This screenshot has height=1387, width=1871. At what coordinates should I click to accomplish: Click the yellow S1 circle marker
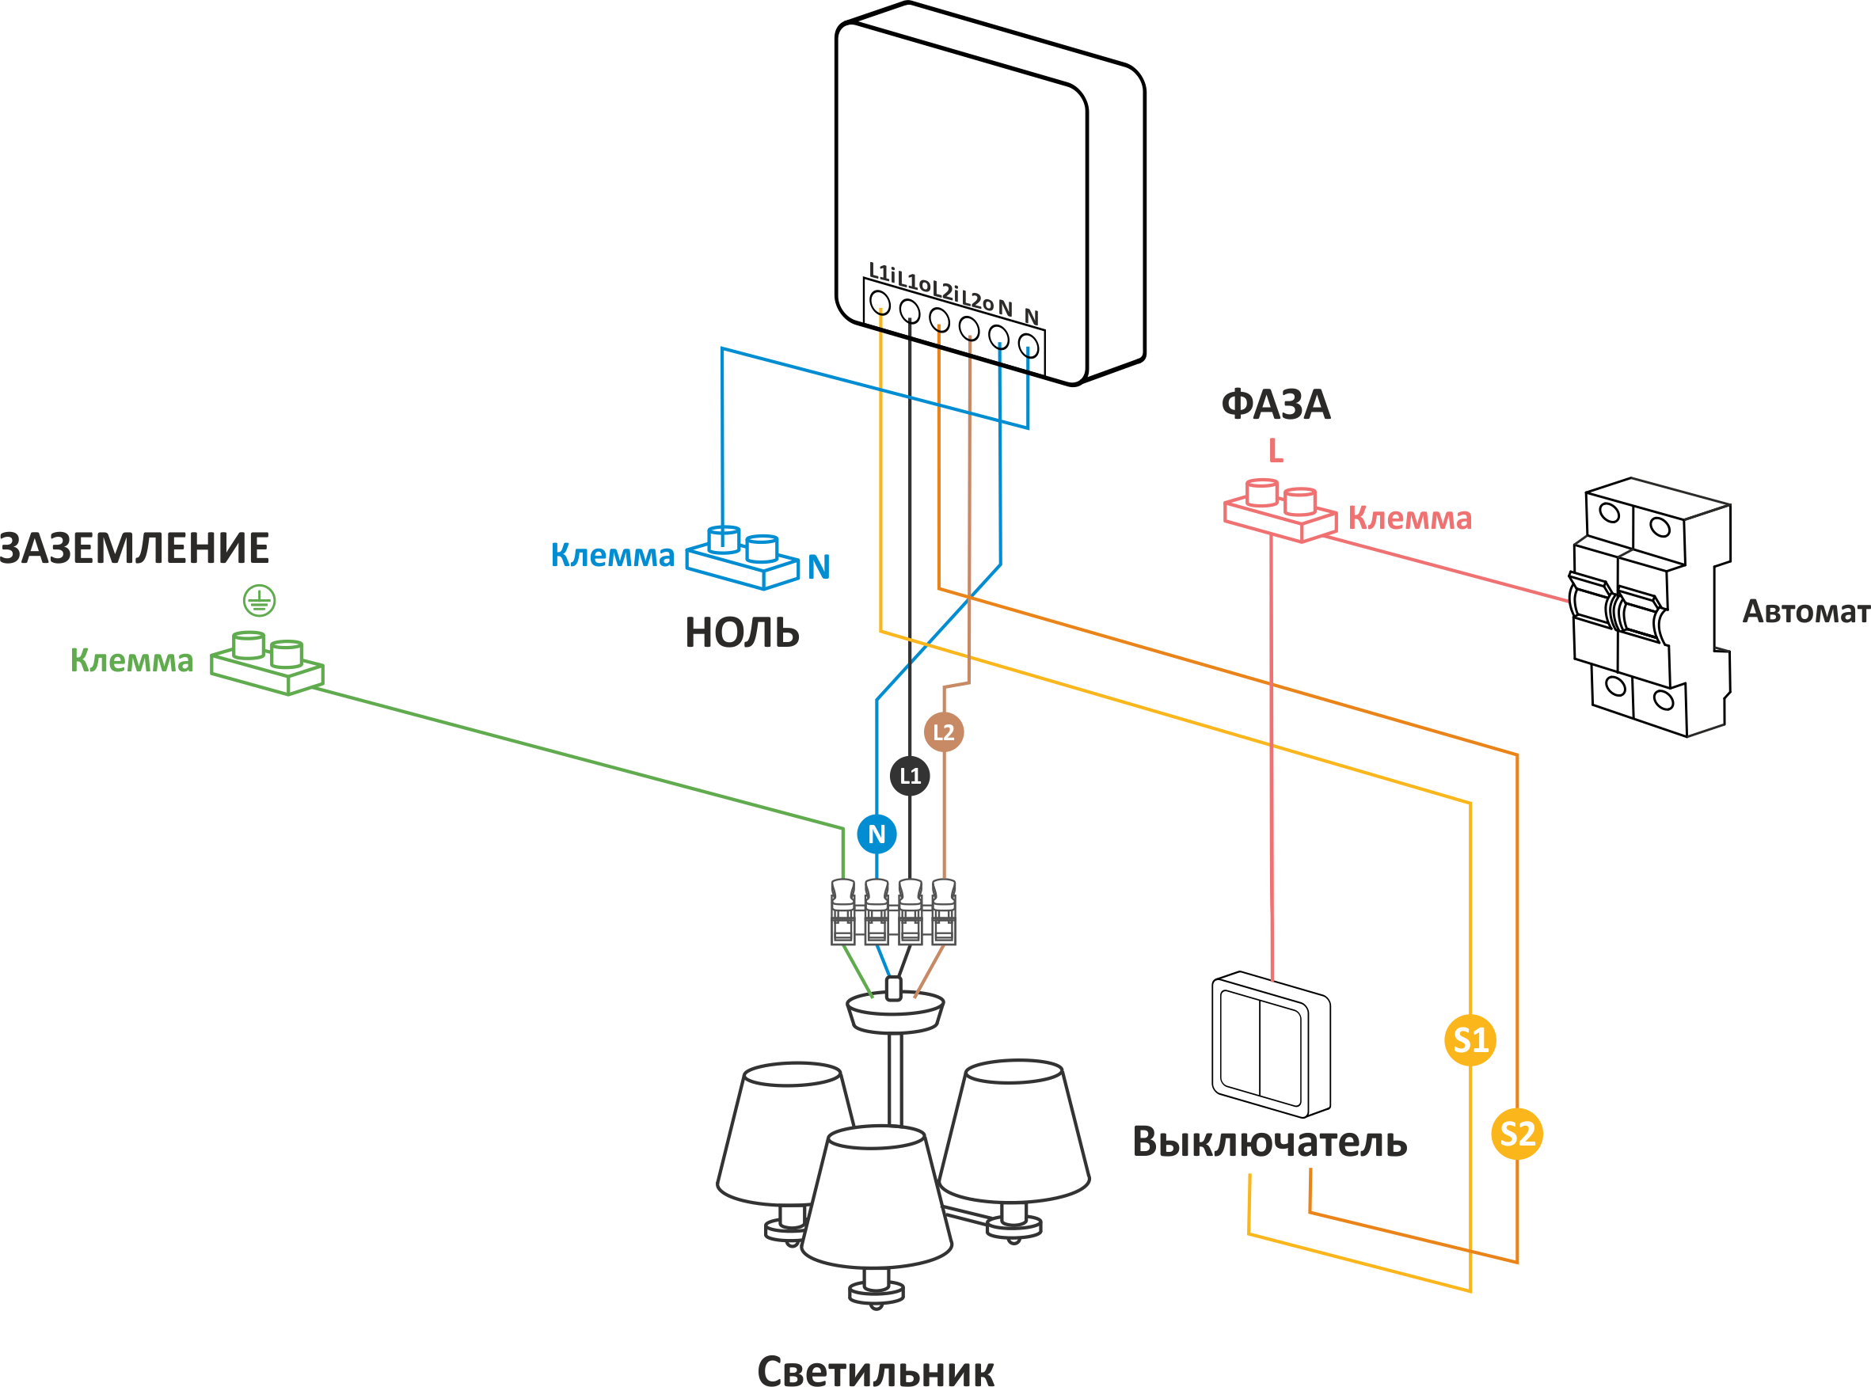coord(1470,1040)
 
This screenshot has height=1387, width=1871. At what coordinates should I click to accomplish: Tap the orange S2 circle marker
coord(1516,1134)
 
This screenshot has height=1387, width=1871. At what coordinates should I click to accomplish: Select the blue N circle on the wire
coord(877,834)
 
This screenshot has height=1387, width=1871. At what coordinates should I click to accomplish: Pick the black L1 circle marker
coord(910,775)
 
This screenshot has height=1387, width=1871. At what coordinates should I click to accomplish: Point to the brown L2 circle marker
coord(943,731)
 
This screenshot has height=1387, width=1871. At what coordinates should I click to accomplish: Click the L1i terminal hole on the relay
coord(879,302)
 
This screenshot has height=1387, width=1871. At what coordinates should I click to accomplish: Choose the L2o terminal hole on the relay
coord(969,328)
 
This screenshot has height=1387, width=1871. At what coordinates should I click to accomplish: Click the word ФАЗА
coord(1275,405)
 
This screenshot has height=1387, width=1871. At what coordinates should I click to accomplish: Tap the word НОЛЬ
coord(743,633)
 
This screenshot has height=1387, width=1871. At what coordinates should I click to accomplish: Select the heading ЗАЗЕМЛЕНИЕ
coord(135,549)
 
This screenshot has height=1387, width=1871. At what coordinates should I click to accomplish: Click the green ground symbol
coord(260,600)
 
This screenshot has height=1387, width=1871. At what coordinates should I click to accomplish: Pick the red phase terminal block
coord(1280,510)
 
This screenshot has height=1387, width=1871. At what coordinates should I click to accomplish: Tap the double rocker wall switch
coord(1271,1044)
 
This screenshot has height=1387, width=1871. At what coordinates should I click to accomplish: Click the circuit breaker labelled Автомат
coord(1649,607)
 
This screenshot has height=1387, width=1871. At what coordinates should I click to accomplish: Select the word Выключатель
coord(1269,1142)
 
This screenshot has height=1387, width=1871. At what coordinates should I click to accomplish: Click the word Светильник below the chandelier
coord(876,1370)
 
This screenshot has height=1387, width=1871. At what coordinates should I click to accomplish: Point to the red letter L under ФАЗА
coord(1276,451)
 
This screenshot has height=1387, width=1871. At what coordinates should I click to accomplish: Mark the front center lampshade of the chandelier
coord(877,1196)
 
